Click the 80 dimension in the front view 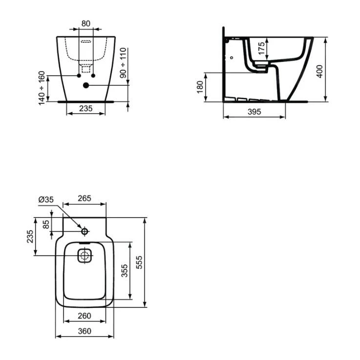86,23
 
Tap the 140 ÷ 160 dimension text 42,87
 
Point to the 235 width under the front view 86,108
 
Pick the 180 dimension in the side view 199,88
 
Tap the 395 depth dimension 254,112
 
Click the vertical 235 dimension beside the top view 30,237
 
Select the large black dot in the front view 86,85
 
